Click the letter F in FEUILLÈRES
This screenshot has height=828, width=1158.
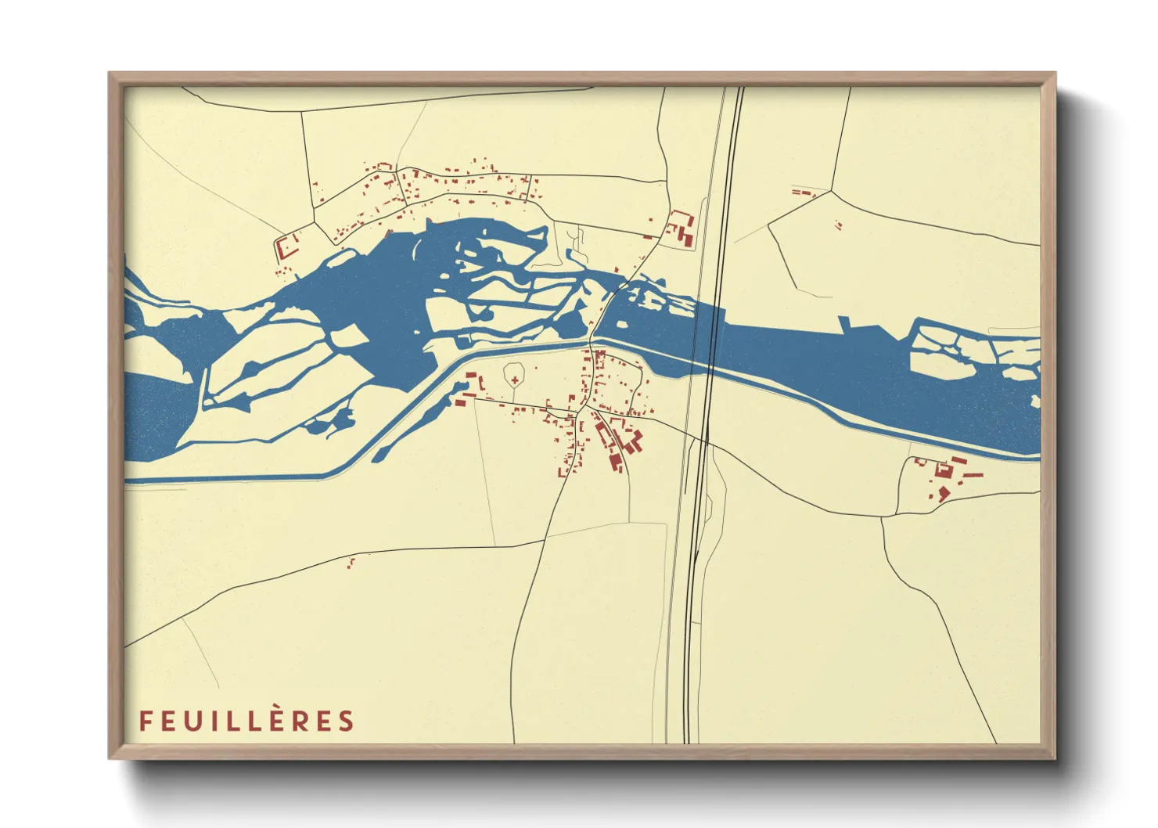pos(145,721)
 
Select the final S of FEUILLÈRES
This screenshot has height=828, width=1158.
pos(347,721)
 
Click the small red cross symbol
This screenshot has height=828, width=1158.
pos(515,380)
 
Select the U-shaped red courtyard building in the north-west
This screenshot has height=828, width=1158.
pos(287,247)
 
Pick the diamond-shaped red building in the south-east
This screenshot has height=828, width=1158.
pos(944,492)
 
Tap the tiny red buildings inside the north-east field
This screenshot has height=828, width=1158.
pos(840,225)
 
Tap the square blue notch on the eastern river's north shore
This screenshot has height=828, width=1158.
pos(843,324)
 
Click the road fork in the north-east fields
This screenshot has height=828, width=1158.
pos(831,190)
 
